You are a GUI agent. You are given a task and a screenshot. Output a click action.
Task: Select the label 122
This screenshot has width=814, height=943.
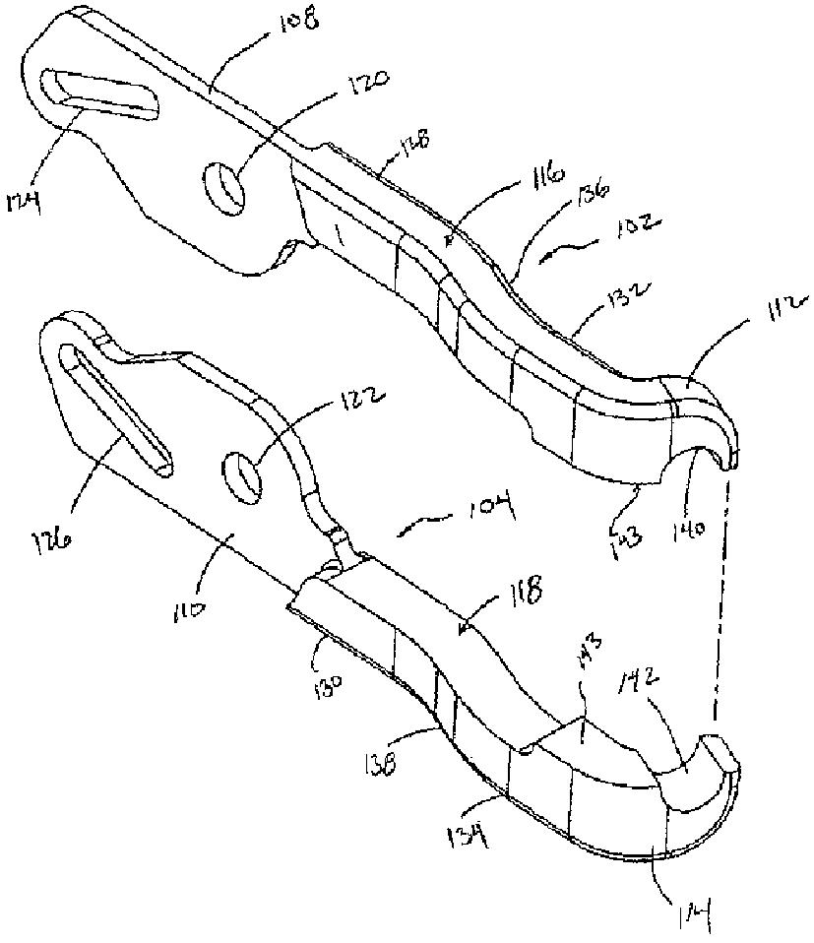pyautogui.click(x=362, y=404)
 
